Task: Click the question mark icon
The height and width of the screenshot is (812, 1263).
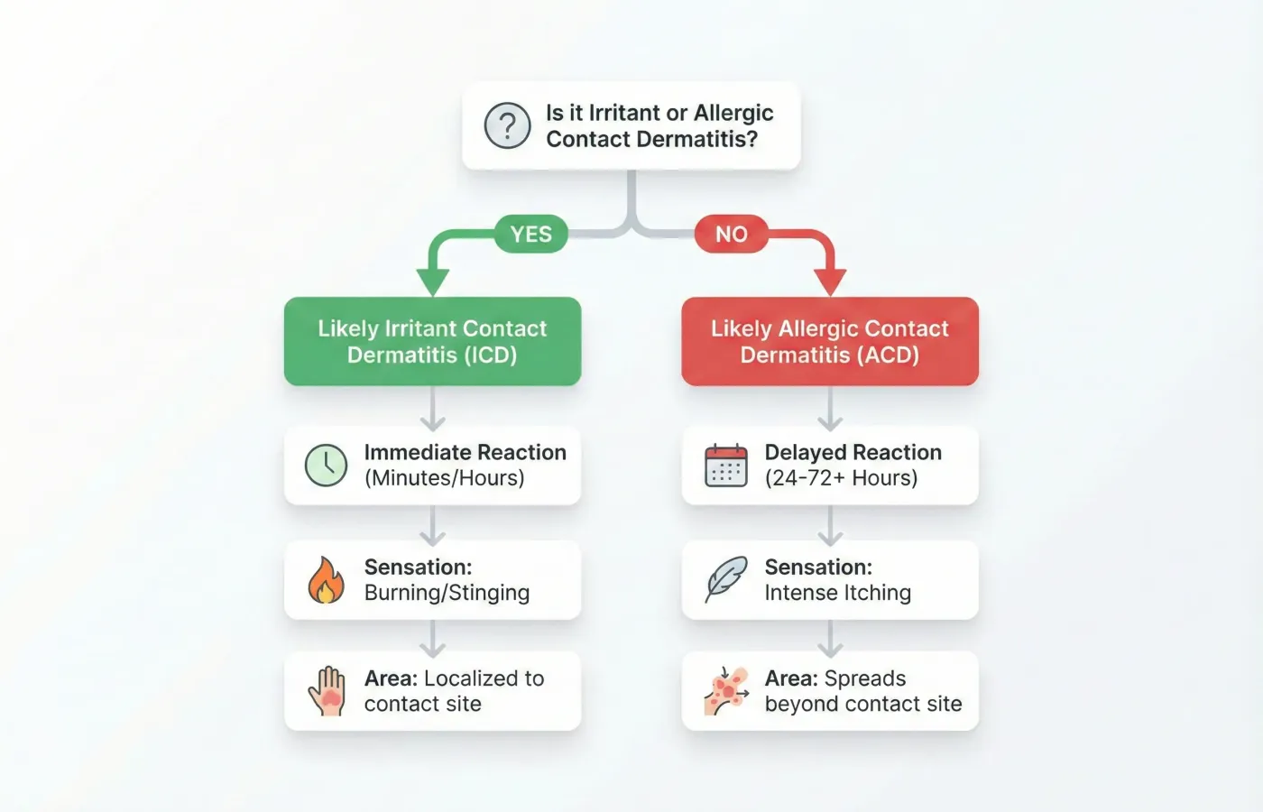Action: tap(507, 125)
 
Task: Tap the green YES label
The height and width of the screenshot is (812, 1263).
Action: tap(530, 235)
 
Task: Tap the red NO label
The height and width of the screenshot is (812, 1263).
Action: tap(731, 235)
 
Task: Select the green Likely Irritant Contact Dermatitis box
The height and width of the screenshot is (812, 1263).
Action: tap(432, 341)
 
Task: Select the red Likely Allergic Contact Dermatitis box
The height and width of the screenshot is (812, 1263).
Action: tap(829, 341)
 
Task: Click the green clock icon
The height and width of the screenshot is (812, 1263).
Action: tap(326, 466)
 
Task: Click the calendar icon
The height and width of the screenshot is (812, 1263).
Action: tap(725, 466)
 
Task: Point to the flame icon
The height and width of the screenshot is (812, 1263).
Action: tap(326, 580)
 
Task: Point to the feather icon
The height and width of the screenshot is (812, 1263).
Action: tap(725, 579)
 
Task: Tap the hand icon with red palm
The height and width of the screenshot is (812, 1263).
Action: tap(327, 691)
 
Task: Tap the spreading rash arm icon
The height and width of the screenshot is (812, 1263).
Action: tap(726, 691)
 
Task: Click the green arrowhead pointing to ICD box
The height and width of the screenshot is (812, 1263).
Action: tap(433, 282)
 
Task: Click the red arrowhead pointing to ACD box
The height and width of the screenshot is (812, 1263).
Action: tap(830, 282)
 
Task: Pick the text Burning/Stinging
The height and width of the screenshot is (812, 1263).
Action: tap(447, 593)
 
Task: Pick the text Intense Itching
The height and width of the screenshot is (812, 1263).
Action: tap(837, 593)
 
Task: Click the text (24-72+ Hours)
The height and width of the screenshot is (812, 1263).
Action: tap(841, 478)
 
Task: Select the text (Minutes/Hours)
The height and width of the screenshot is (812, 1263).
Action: tap(444, 478)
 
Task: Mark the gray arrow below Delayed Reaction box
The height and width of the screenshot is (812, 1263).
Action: tap(830, 526)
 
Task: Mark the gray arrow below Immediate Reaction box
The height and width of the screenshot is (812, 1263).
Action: tap(433, 526)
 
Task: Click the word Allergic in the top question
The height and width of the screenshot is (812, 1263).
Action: tap(733, 113)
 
